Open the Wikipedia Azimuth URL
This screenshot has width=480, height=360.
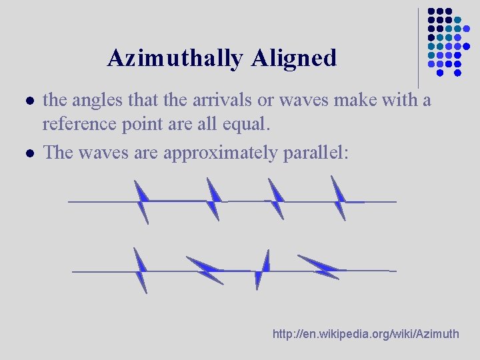(x=366, y=333)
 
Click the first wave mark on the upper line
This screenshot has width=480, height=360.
(x=142, y=201)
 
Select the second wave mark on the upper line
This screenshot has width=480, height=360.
(x=213, y=199)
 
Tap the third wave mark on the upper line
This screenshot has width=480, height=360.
(x=275, y=199)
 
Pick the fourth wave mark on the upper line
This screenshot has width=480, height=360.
(x=339, y=198)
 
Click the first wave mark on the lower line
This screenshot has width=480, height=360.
(x=140, y=270)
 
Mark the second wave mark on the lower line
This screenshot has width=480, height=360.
(x=205, y=269)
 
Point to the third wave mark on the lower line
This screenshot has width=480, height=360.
(x=262, y=269)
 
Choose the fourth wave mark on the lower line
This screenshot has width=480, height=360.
(x=318, y=267)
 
